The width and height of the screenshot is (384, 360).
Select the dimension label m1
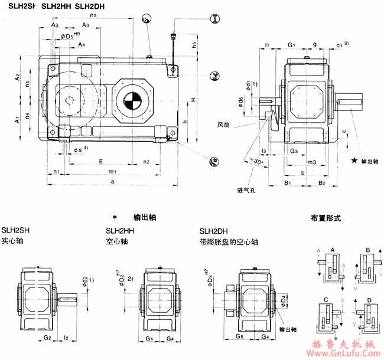112,171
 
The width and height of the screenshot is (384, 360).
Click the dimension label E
101,161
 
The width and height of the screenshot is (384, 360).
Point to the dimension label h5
194,45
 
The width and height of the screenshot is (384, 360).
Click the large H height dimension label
194,100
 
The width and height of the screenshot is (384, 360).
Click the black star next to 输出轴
354,161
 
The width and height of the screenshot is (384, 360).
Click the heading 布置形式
326,218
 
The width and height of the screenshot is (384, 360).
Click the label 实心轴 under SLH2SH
12,241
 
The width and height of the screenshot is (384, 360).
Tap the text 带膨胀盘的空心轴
229,242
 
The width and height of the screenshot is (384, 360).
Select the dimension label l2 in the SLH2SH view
67,338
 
